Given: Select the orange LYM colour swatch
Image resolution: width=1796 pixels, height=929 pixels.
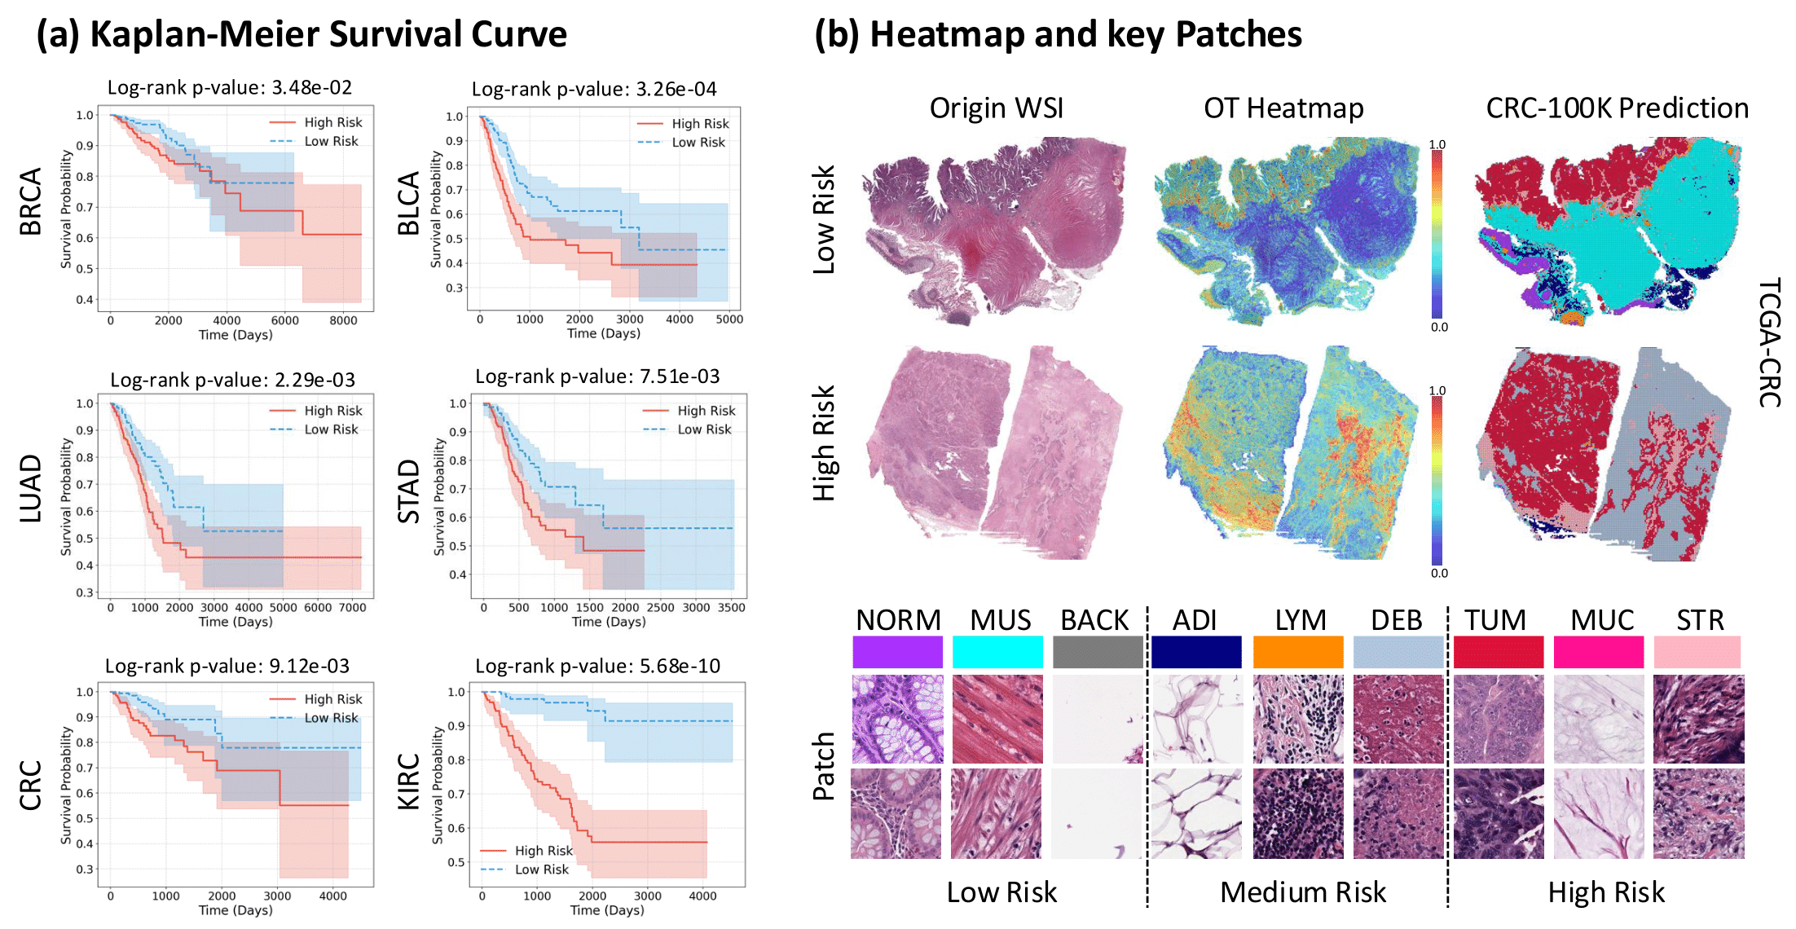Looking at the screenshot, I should coord(1298,653).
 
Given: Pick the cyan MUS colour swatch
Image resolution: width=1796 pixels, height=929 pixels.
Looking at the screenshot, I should coord(997,653).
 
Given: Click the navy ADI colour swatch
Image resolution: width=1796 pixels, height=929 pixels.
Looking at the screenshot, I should coord(1196,653).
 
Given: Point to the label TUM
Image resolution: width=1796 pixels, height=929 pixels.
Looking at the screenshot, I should coord(1495,621).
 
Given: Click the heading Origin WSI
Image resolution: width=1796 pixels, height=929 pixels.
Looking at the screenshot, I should coord(996,108).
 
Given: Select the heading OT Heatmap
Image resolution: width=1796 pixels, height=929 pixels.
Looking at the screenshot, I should coord(1283,108).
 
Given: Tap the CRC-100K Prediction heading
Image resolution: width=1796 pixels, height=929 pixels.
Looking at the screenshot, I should coord(1617,108).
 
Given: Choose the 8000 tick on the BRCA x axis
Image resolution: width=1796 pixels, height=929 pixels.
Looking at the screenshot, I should coord(343,321).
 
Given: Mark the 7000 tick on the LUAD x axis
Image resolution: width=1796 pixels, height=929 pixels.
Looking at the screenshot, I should coord(352,608).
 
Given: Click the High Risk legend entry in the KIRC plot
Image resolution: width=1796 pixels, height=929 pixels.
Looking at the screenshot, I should coord(544,851).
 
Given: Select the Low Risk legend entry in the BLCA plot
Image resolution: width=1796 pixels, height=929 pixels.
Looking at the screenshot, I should coord(698,143).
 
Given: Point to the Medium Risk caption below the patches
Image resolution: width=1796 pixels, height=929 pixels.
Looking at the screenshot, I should coord(1302,893).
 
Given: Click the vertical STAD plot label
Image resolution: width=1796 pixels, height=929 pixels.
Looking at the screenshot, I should coord(408,491).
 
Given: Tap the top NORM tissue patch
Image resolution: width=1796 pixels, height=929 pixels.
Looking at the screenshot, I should coord(897,719).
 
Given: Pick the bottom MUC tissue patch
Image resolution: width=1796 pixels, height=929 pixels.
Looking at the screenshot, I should coord(1599,814).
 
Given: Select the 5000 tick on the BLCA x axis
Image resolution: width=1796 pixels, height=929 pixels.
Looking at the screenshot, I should coord(729,319).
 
